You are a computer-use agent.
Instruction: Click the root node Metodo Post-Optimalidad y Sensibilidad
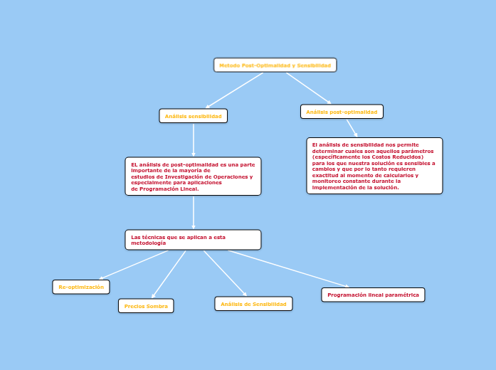(275, 65)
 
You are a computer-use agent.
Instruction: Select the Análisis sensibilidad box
(193, 116)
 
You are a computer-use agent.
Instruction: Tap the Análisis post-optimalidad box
(342, 112)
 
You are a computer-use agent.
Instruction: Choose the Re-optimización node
(81, 287)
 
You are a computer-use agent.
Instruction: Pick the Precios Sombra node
(146, 306)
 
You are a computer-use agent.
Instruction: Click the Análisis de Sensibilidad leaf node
(253, 304)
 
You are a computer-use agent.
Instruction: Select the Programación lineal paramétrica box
(373, 295)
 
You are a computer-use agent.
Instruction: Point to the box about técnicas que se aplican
(193, 240)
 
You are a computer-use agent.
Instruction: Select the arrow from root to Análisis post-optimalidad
(309, 88)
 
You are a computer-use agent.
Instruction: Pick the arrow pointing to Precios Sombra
(169, 274)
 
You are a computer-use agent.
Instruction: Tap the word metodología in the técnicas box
(149, 243)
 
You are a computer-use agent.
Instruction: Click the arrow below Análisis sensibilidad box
(194, 140)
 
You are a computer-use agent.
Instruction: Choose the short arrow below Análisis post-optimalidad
(352, 127)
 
